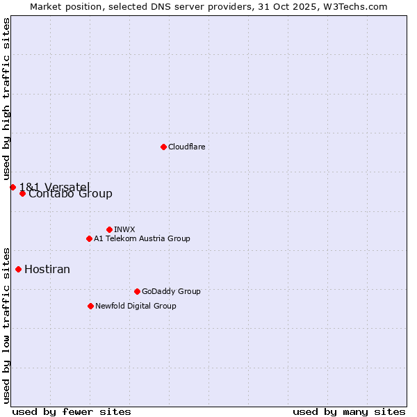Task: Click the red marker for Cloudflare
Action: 163,147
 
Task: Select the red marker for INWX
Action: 109,229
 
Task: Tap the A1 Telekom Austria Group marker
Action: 89,238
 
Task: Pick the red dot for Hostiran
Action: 18,269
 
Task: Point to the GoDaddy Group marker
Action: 137,291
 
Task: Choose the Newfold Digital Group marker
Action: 90,306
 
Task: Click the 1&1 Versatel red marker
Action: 13,187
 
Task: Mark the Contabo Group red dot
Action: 22,193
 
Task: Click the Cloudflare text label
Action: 186,147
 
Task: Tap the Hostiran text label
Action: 47,269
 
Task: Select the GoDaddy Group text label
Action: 171,291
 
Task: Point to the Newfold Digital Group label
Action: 136,306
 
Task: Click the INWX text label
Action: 124,229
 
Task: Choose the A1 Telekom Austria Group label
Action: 142,238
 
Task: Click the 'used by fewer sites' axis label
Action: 72,411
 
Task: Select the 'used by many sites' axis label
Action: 349,411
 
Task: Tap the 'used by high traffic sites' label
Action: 6,99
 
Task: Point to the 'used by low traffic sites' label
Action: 6,325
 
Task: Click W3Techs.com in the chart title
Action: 357,6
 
